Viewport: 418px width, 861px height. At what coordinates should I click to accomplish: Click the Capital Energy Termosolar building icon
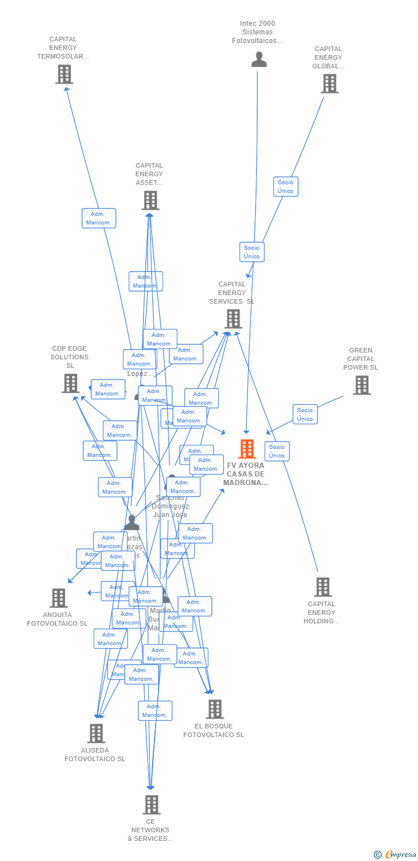coord(64,74)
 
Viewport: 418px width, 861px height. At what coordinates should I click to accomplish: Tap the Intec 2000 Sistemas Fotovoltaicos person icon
coord(259,60)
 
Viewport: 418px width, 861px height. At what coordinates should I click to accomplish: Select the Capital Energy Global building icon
coord(329,83)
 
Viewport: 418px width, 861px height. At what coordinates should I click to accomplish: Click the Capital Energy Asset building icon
coord(150,200)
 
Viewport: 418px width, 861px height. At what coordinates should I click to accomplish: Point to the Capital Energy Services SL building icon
coord(233,319)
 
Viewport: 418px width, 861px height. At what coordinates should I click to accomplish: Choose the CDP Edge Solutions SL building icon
coord(71,383)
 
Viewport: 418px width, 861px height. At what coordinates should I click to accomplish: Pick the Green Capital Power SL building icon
coord(362,385)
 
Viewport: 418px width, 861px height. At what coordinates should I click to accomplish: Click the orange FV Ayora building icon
coord(247,449)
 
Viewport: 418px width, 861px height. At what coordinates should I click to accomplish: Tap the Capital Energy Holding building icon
coord(323,587)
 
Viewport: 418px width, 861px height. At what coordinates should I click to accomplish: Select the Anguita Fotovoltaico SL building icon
coord(58,598)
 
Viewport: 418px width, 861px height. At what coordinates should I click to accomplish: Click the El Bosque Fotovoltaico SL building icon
coord(215,709)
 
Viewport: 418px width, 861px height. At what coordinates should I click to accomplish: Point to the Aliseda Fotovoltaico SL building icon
coord(96,733)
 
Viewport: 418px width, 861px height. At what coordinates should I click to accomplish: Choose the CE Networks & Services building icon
coord(151,804)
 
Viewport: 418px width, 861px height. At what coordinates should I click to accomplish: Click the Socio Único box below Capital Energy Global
coord(285,187)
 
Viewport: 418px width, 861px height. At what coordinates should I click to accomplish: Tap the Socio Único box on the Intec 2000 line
coord(251,252)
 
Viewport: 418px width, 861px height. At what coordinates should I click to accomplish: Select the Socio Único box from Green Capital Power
coord(305,414)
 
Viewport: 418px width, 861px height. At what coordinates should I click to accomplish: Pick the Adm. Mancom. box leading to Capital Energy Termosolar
coord(99,218)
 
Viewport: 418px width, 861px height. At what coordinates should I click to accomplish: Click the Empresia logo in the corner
coord(396,855)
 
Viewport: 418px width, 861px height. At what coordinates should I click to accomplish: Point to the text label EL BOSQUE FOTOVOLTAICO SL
coord(214,730)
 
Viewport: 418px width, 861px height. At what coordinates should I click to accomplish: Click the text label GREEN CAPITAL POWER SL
coord(361,359)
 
